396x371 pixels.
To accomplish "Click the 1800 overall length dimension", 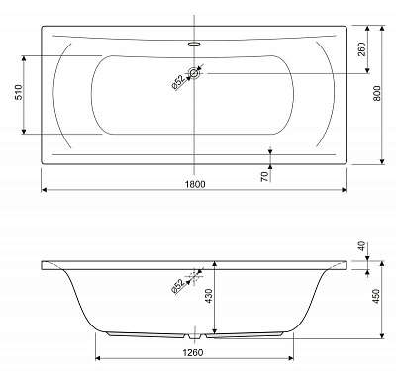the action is click(x=195, y=184).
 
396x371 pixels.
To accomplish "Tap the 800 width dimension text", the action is click(x=377, y=93).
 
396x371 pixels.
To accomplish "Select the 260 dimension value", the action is click(x=361, y=49).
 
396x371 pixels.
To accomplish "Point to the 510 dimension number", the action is click(x=18, y=92).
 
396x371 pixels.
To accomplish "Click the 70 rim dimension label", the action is click(x=264, y=177).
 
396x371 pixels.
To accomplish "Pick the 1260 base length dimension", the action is click(x=193, y=352).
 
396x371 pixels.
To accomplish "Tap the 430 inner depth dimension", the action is click(x=208, y=296).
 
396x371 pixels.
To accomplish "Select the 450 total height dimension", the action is click(x=376, y=296).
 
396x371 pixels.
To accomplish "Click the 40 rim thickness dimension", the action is click(x=362, y=246).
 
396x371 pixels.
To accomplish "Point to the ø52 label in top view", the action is click(x=177, y=82).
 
